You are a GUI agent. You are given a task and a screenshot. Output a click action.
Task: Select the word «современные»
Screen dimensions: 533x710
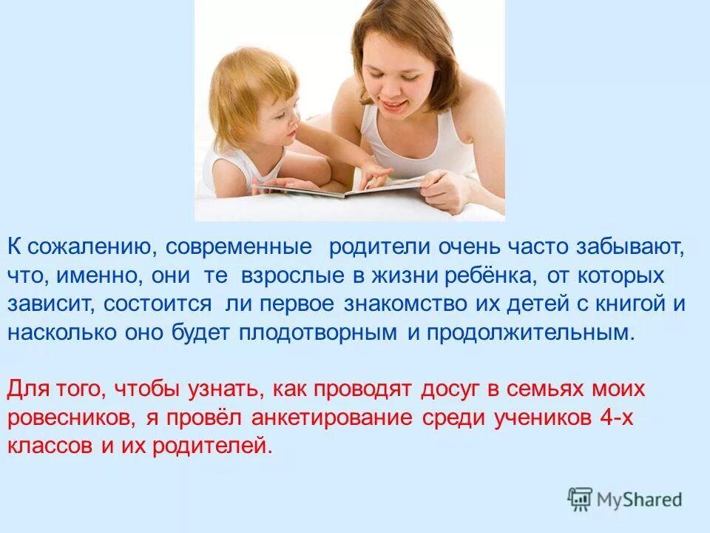point(238,247)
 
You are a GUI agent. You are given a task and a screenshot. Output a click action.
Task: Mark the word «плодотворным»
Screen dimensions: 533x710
point(319,332)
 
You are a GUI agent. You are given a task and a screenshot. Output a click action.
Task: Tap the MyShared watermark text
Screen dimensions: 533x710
point(640,500)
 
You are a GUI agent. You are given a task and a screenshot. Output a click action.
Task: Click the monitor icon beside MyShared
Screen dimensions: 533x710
point(581,499)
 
